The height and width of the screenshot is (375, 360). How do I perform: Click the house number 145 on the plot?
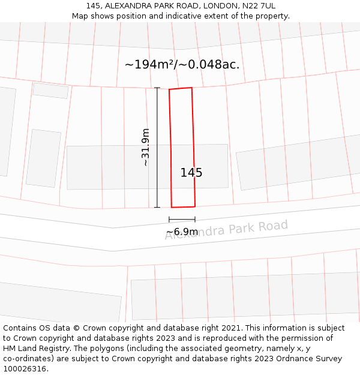191,173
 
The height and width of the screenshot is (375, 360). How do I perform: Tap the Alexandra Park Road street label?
227,230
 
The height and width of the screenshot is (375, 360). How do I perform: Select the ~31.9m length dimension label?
145,147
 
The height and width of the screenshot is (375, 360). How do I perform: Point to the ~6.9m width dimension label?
182,232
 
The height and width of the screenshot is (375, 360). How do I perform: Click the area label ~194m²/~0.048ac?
182,65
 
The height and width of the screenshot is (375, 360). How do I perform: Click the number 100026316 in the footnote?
25,369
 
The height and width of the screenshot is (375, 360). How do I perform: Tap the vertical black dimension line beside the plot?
157,148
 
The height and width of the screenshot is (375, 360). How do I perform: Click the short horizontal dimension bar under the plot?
182,220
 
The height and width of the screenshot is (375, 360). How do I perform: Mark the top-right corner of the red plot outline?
191,88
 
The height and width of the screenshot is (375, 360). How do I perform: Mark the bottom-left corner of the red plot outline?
172,207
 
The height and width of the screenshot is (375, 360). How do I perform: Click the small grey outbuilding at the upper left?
50,91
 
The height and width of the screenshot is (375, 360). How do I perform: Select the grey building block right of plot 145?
294,162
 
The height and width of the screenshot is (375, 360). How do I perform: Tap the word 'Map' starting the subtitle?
80,16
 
